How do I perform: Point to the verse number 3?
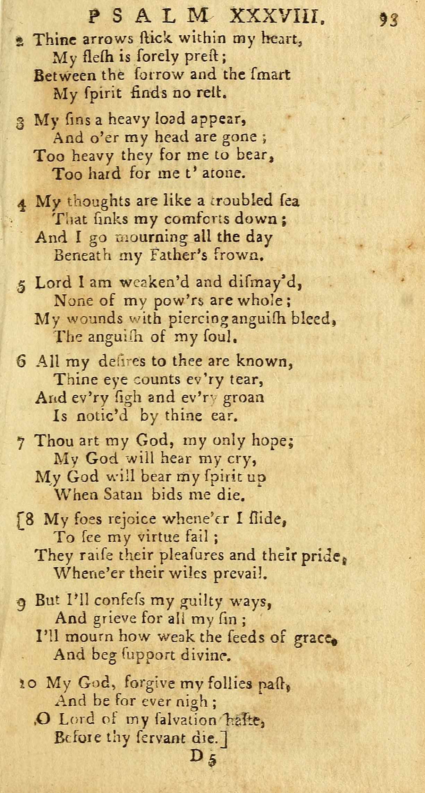coord(19,122)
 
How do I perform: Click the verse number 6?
coord(21,362)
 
